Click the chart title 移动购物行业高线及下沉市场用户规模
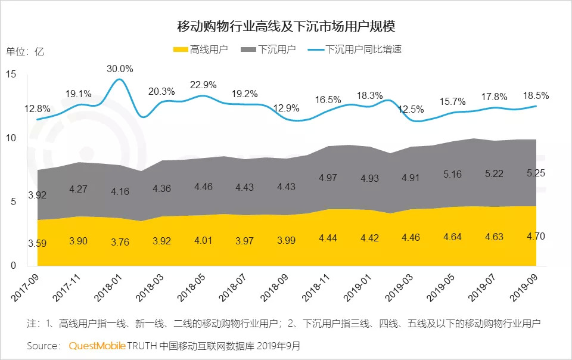(x=286, y=27)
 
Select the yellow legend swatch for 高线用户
(x=180, y=49)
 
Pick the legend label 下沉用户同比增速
(x=363, y=49)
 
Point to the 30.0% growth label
(x=120, y=69)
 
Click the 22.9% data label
(x=203, y=85)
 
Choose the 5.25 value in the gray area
(x=536, y=173)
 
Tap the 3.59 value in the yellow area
(x=36, y=243)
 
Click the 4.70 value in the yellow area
(x=536, y=237)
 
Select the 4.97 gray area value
(x=328, y=178)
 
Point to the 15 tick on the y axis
(x=13, y=75)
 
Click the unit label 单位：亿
(x=25, y=51)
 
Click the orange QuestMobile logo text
(x=96, y=346)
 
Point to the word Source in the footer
(x=42, y=346)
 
